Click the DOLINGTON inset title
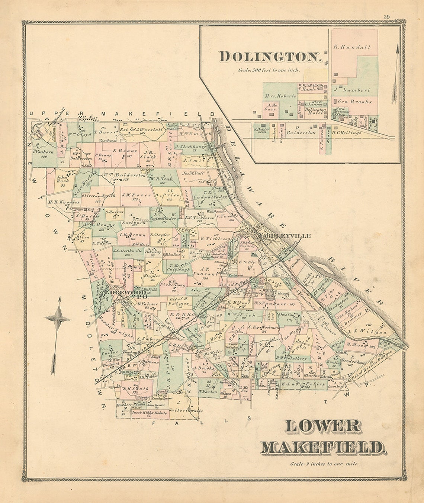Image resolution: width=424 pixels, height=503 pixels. pyautogui.click(x=270, y=57)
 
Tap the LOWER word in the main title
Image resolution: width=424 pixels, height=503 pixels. pyautogui.click(x=323, y=427)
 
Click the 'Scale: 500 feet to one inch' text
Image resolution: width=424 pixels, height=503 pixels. pyautogui.click(x=270, y=70)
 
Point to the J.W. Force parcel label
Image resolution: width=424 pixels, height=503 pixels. pyautogui.click(x=136, y=195)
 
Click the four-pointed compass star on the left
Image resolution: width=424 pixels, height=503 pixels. pyautogui.click(x=58, y=319)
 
